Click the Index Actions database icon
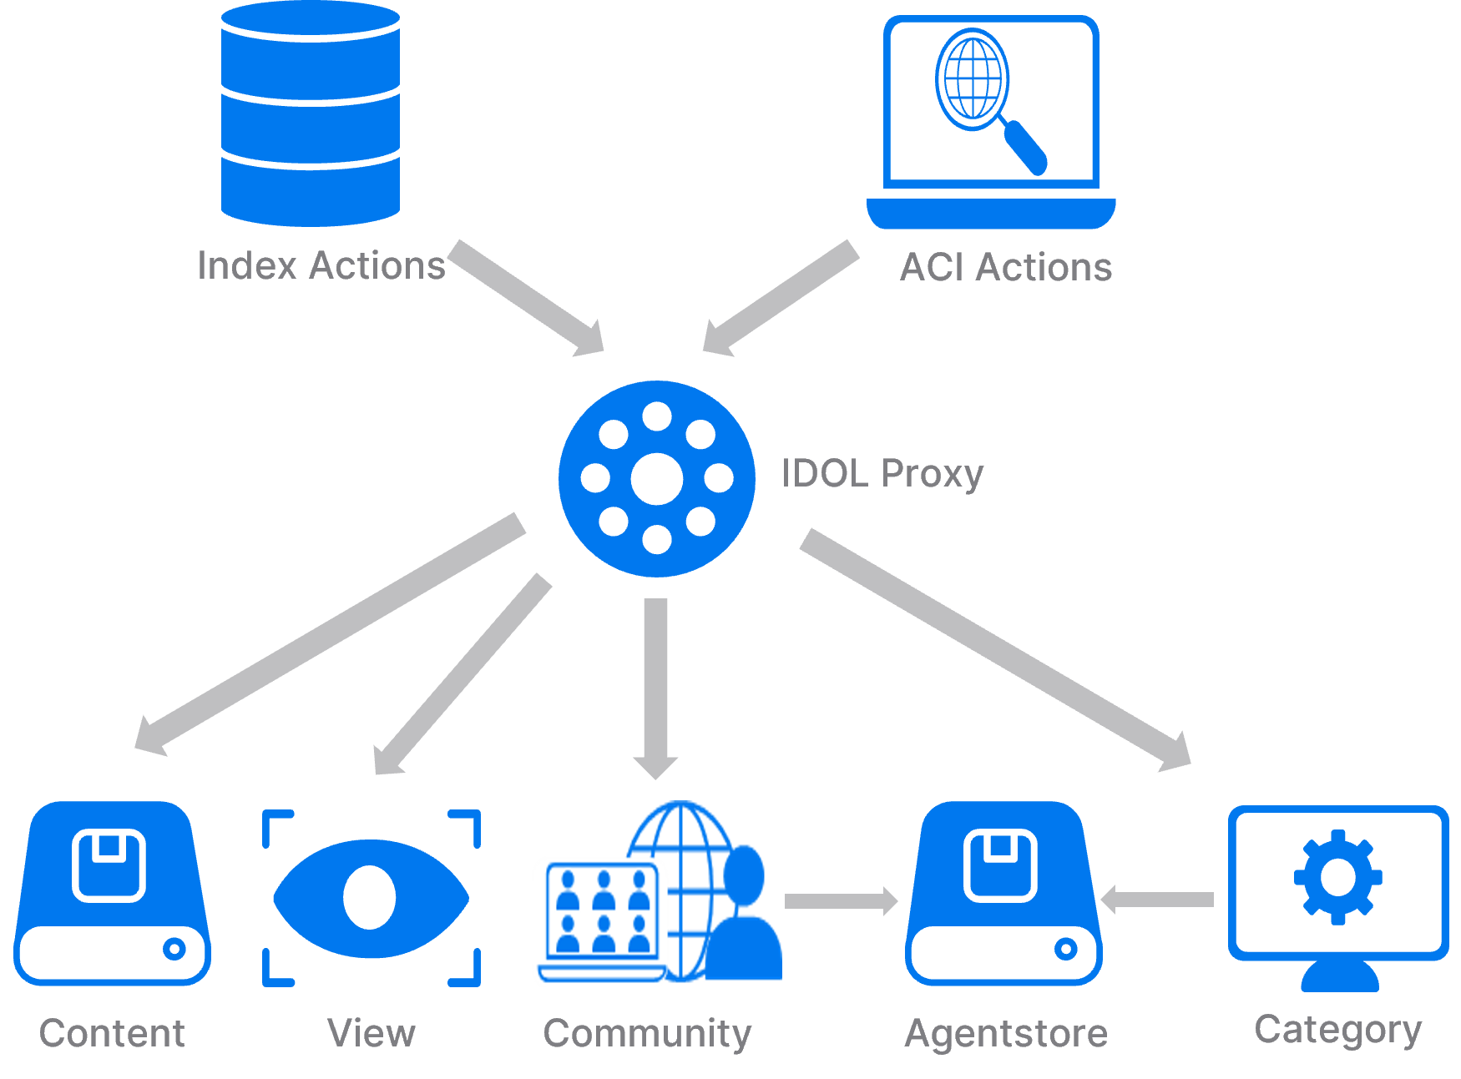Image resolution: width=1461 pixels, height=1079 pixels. click(x=311, y=114)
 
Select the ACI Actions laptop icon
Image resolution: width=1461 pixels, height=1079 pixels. click(x=991, y=122)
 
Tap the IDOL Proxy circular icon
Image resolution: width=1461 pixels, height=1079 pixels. click(x=657, y=479)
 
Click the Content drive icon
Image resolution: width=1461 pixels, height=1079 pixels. click(x=112, y=893)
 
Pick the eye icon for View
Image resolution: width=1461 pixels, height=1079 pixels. click(x=371, y=898)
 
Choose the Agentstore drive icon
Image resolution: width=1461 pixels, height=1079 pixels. click(x=1003, y=893)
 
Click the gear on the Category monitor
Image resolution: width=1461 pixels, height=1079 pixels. click(x=1337, y=877)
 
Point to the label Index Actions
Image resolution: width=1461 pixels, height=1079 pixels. click(x=321, y=266)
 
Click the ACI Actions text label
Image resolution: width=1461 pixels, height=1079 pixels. click(x=1006, y=268)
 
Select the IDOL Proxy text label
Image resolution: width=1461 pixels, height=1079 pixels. click(x=882, y=474)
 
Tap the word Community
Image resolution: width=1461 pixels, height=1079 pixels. click(x=647, y=1033)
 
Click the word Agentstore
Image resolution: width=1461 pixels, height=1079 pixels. click(x=1006, y=1033)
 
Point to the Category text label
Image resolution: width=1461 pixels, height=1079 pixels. click(x=1337, y=1030)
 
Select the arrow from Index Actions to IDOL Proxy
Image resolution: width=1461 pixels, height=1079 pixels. click(x=526, y=297)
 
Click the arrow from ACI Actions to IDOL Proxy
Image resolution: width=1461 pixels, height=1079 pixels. click(x=781, y=298)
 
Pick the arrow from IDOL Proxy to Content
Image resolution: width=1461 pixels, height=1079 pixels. click(x=330, y=633)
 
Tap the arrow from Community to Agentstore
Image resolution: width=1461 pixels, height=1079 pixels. click(x=840, y=900)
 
